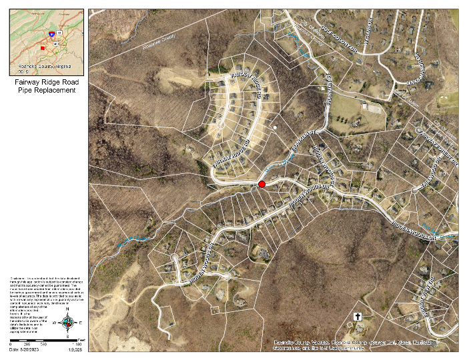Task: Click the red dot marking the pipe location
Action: pyautogui.click(x=262, y=184)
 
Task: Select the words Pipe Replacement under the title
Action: pyautogui.click(x=47, y=90)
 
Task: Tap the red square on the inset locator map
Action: pyautogui.click(x=43, y=48)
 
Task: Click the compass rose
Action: pyautogui.click(x=68, y=323)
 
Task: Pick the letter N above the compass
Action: pyautogui.click(x=68, y=311)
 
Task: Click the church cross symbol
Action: pyautogui.click(x=357, y=317)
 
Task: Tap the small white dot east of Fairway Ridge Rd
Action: pyautogui.click(x=274, y=127)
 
